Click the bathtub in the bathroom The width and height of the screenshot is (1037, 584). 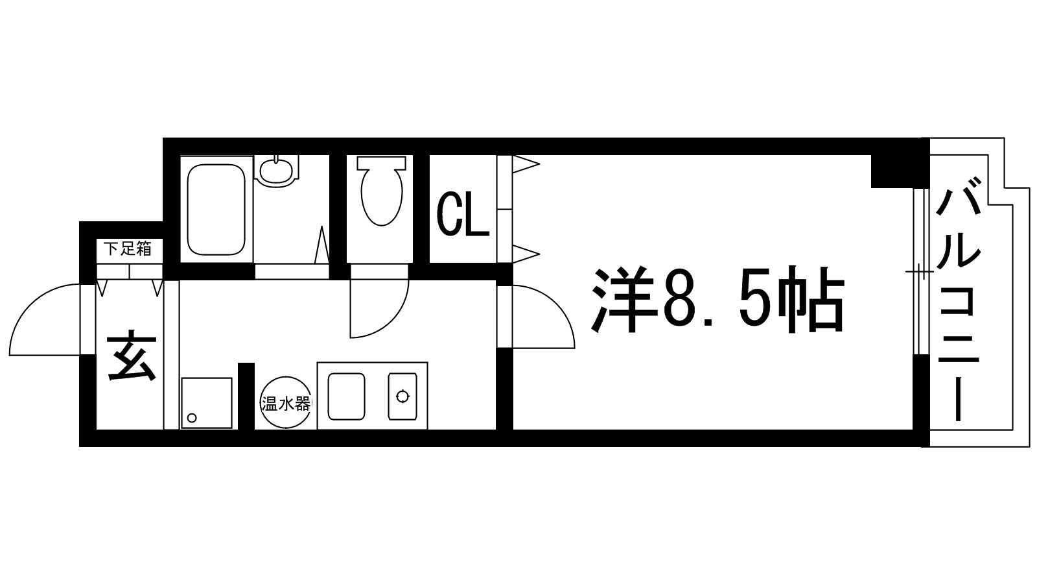(x=216, y=209)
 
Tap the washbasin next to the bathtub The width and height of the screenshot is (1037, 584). (x=277, y=169)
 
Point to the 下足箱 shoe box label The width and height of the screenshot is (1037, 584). (x=128, y=248)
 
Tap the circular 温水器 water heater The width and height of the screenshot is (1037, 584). (x=285, y=404)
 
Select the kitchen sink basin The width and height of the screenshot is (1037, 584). (x=346, y=396)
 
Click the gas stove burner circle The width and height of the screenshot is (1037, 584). (x=403, y=396)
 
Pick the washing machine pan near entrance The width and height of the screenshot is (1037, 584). (x=206, y=402)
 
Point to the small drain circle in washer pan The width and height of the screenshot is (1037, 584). (x=191, y=418)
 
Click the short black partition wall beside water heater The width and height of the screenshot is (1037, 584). (x=246, y=396)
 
